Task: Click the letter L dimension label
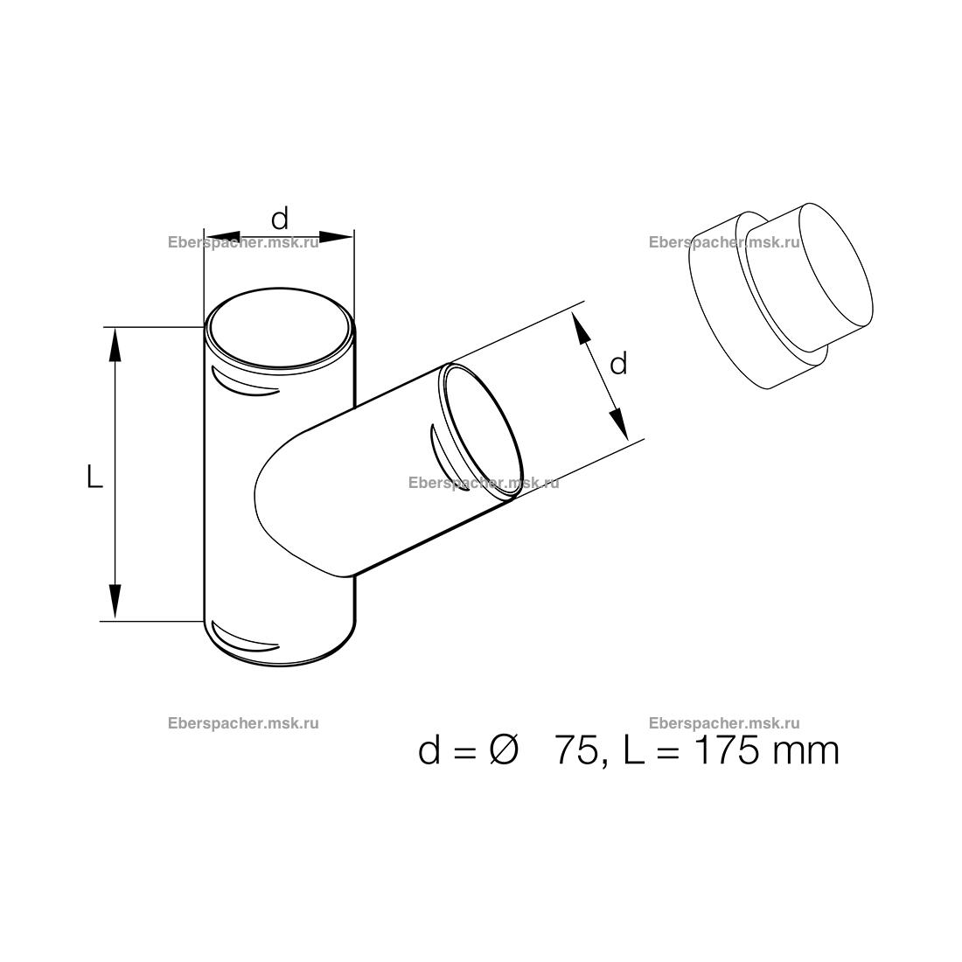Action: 94,476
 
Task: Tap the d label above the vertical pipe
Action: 279,218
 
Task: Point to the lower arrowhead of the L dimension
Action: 114,602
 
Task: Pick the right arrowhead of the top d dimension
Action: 336,237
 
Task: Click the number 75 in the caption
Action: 576,751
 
